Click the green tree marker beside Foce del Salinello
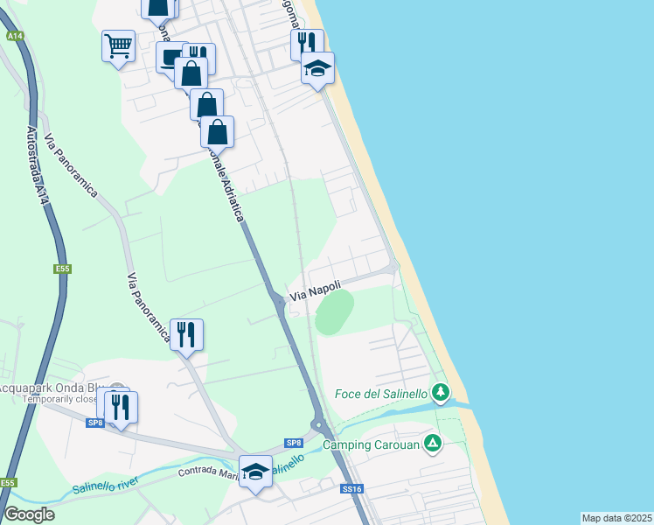tap(442, 391)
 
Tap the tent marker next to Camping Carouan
tap(431, 444)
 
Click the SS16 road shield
tap(351, 489)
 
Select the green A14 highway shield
tap(14, 37)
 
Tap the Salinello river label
tap(106, 484)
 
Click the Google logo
tap(29, 514)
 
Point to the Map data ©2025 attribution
tap(616, 518)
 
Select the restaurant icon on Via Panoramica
tap(186, 333)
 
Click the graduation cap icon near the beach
tap(317, 67)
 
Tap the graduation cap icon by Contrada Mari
tap(255, 471)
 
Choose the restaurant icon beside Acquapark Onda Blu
tap(121, 406)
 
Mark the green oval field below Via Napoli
tap(334, 312)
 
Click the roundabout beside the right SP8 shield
tap(320, 428)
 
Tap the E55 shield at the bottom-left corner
tap(8, 483)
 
